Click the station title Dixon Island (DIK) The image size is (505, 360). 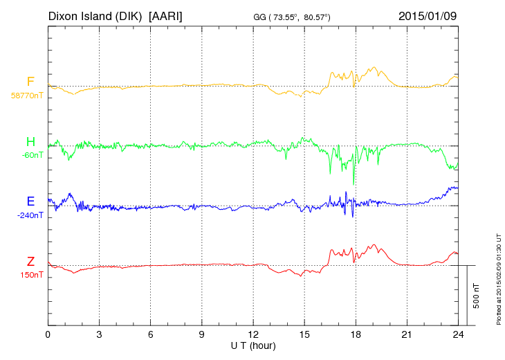click(95, 15)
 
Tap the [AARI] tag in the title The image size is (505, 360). click(166, 15)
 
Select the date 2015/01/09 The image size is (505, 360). click(428, 15)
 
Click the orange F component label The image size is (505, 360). click(30, 82)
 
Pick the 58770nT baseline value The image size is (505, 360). click(28, 96)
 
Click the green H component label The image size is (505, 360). click(30, 142)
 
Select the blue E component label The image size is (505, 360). click(30, 201)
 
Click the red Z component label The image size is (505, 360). click(30, 262)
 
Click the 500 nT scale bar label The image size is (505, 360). click(476, 296)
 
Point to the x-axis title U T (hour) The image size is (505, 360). click(253, 345)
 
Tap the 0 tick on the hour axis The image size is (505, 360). click(48, 334)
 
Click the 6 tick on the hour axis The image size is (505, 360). click(151, 334)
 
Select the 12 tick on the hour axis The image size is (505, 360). click(253, 334)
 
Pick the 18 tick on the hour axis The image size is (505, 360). click(356, 334)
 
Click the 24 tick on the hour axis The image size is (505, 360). click(458, 334)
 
